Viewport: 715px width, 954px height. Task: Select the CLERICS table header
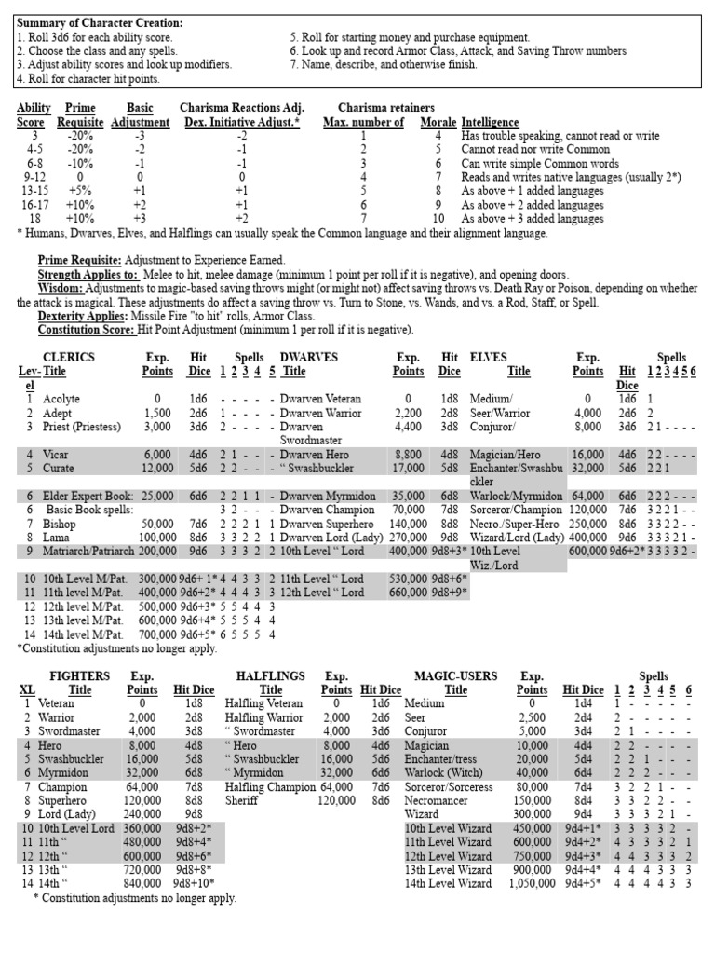pyautogui.click(x=70, y=356)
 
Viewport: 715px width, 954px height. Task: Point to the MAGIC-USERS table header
pyautogui.click(x=455, y=676)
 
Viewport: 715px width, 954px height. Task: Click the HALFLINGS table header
pyautogui.click(x=271, y=676)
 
